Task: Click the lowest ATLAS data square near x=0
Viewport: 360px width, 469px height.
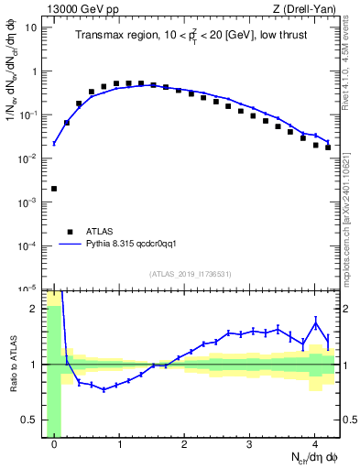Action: tap(54, 189)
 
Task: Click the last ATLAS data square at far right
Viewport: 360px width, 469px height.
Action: tap(328, 147)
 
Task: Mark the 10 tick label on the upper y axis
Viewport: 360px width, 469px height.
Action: tap(31, 27)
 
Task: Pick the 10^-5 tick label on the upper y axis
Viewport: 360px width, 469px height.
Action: tap(28, 289)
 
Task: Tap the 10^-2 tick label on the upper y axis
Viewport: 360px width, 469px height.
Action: tap(28, 158)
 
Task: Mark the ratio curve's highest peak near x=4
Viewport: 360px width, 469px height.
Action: tap(315, 322)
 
